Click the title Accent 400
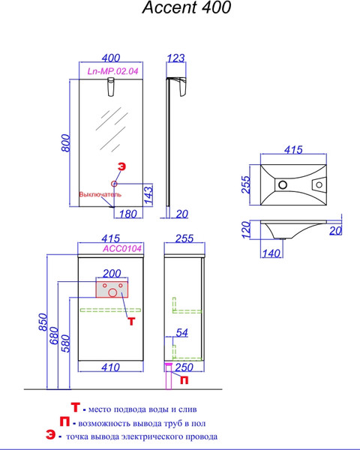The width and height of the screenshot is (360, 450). (x=187, y=7)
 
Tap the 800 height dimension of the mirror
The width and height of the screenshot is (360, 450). (x=66, y=143)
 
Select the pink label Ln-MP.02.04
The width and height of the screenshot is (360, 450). (x=112, y=71)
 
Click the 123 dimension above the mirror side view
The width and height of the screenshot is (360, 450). (x=175, y=58)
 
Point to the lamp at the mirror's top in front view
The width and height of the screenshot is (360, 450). (x=111, y=87)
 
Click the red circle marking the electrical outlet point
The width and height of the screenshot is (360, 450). (x=114, y=184)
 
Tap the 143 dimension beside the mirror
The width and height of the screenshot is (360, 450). (x=148, y=195)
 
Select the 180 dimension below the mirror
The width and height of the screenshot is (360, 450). (x=127, y=214)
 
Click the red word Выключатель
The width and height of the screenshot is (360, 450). (x=100, y=194)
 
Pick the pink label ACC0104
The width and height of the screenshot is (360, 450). (x=122, y=248)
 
